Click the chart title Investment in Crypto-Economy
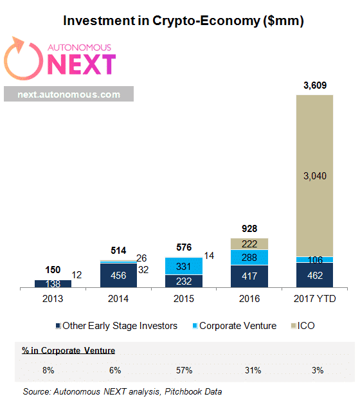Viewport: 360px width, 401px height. [183, 21]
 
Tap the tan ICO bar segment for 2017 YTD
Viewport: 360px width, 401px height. [314, 175]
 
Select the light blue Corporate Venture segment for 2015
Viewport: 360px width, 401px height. [183, 266]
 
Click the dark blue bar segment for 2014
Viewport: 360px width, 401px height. [118, 274]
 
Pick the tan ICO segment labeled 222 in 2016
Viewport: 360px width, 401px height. [249, 244]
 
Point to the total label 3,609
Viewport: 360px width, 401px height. [314, 85]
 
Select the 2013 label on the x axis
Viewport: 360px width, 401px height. [53, 298]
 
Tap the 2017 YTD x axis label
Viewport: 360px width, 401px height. [314, 298]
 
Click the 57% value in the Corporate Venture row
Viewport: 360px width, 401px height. [183, 370]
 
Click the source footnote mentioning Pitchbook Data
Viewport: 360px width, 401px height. [122, 391]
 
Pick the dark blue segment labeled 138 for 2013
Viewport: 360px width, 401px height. [53, 283]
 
